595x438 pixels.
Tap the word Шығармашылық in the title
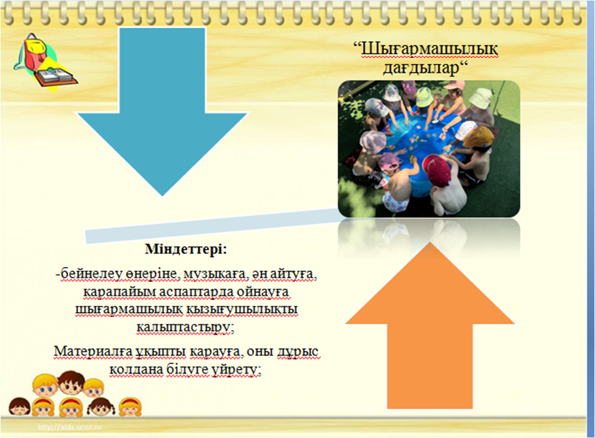click(x=429, y=49)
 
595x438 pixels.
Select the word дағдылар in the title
click(x=421, y=68)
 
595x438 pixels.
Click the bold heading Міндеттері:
click(x=186, y=250)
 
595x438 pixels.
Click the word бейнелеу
click(x=84, y=274)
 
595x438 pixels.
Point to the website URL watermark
click(x=70, y=427)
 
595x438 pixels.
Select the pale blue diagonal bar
click(x=212, y=226)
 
